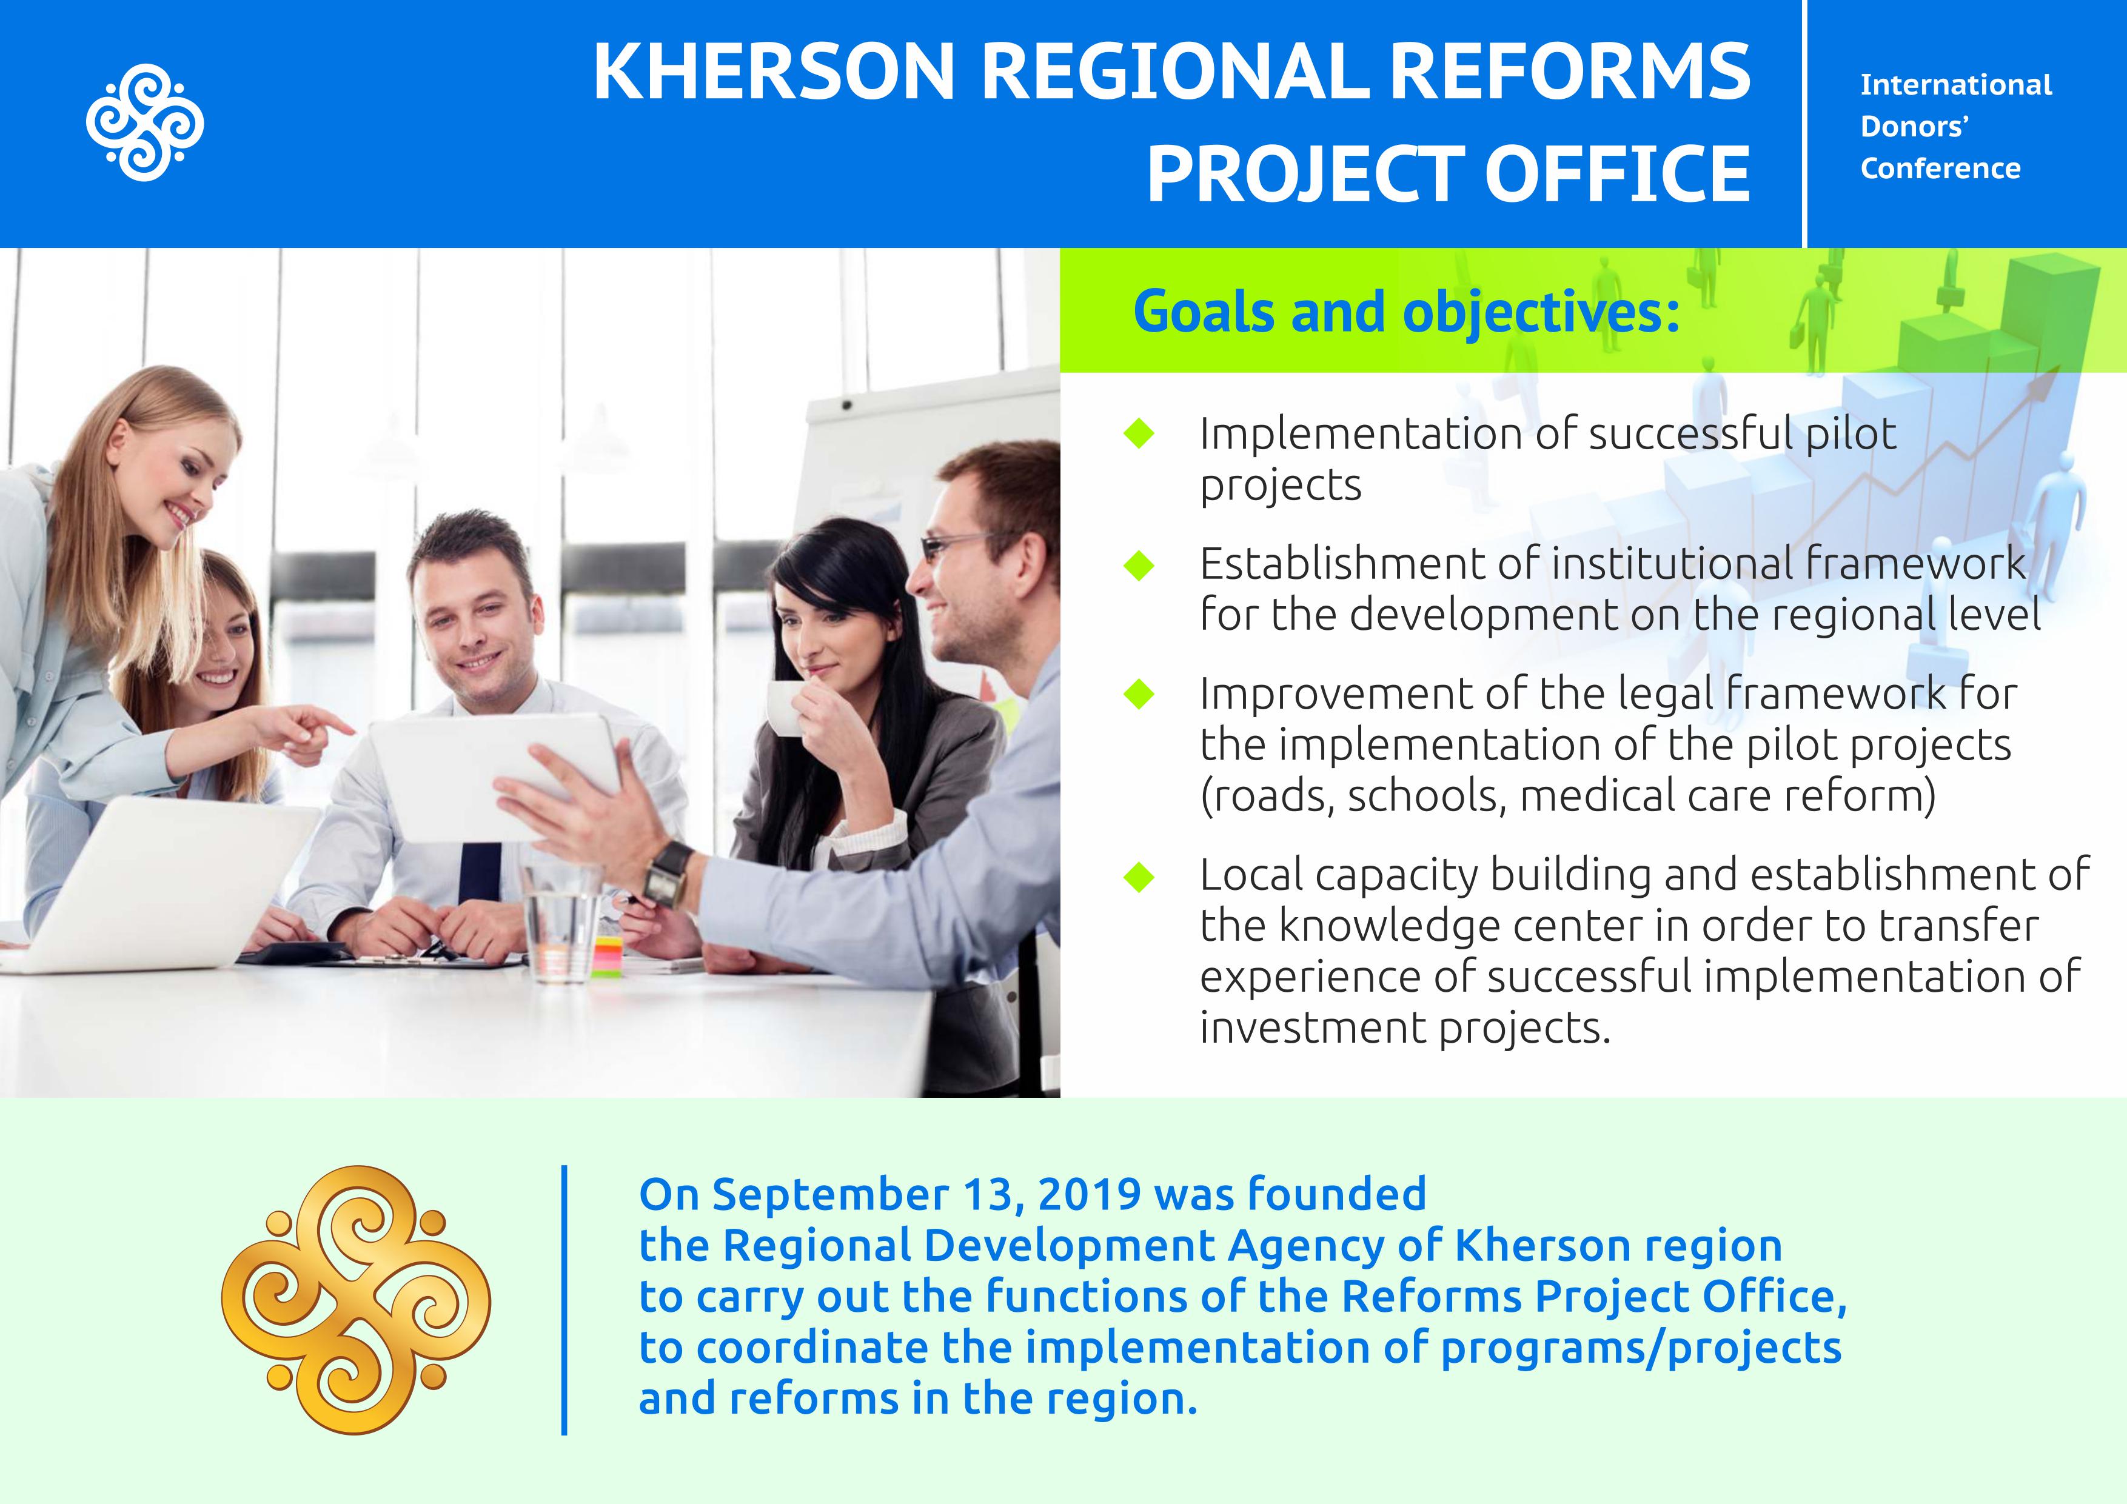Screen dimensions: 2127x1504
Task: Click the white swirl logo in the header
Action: (144, 122)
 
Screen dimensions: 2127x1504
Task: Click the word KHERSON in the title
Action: (774, 72)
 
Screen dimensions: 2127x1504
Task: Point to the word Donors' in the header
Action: (1915, 126)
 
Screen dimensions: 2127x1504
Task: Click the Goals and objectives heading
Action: (1406, 312)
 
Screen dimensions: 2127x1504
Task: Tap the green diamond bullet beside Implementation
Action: (1139, 433)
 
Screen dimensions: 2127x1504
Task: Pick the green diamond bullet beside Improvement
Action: (1139, 694)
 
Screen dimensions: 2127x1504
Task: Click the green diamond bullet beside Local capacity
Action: (1139, 876)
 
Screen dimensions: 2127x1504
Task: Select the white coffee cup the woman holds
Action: (786, 709)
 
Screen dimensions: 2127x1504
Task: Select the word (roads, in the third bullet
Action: (1267, 797)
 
